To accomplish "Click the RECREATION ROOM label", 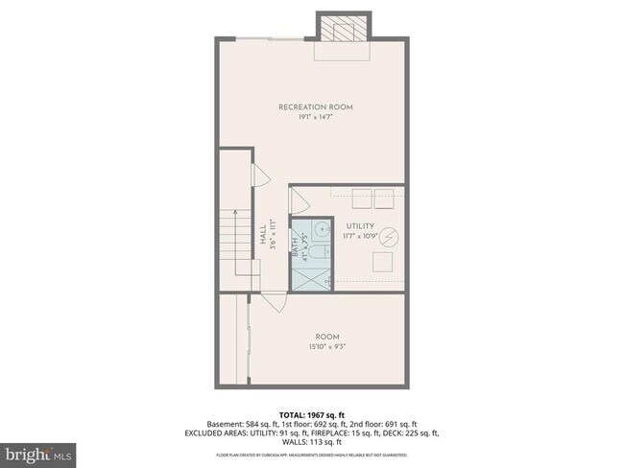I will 316,106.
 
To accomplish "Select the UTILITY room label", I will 362,226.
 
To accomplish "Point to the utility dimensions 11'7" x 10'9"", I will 362,236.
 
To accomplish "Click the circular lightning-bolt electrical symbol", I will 389,236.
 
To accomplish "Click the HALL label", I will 262,235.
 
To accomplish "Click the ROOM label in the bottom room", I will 327,337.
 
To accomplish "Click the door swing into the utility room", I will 299,201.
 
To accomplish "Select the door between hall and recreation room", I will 259,178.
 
